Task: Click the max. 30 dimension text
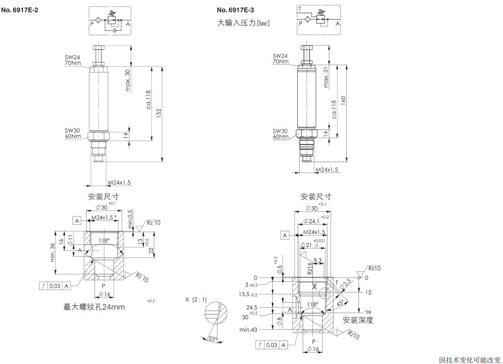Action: point(128,80)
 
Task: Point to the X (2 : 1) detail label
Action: point(196,298)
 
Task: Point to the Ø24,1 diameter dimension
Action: point(312,220)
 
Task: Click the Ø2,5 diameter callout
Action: point(346,283)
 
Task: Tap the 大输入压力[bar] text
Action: point(243,23)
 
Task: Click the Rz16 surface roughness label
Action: point(310,268)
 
